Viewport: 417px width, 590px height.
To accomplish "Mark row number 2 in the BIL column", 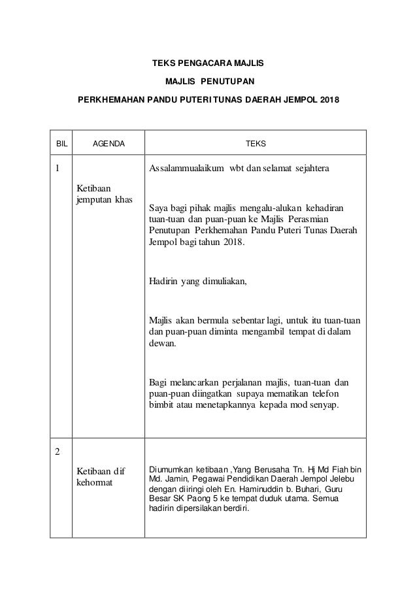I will (x=56, y=453).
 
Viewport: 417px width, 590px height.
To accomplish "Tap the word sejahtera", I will (x=308, y=169).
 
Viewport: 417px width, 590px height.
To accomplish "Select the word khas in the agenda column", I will (x=122, y=199).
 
